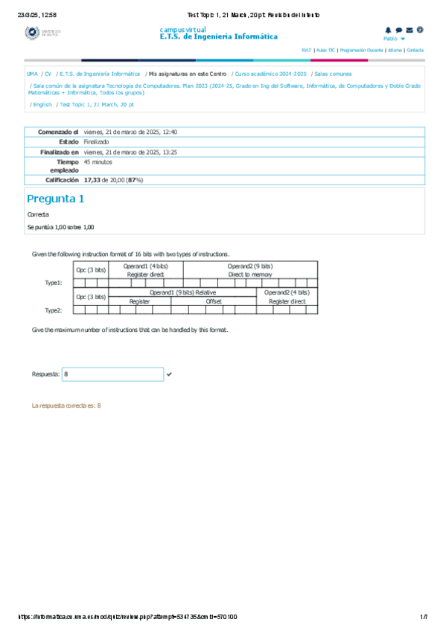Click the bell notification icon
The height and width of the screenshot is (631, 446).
[x=388, y=30]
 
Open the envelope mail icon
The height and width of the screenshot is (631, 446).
[x=410, y=30]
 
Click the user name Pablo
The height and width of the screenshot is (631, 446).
[x=391, y=38]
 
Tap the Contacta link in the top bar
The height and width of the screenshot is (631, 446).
[x=415, y=50]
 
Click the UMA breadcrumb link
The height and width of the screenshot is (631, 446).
[x=32, y=74]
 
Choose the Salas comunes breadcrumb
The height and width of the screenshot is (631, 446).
[x=333, y=74]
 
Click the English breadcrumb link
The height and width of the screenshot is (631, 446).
[x=42, y=105]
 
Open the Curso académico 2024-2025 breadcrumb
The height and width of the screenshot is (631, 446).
[x=270, y=74]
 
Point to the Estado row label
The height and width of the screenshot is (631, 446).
[x=69, y=141]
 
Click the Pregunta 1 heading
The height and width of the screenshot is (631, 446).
[x=55, y=199]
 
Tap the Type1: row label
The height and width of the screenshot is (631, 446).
[x=54, y=283]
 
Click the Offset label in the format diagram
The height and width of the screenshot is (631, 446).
[x=214, y=301]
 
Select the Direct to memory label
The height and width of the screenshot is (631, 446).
[x=250, y=275]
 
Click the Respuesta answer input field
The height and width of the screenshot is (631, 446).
[x=112, y=374]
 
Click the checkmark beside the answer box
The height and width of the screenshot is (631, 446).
[x=169, y=374]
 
